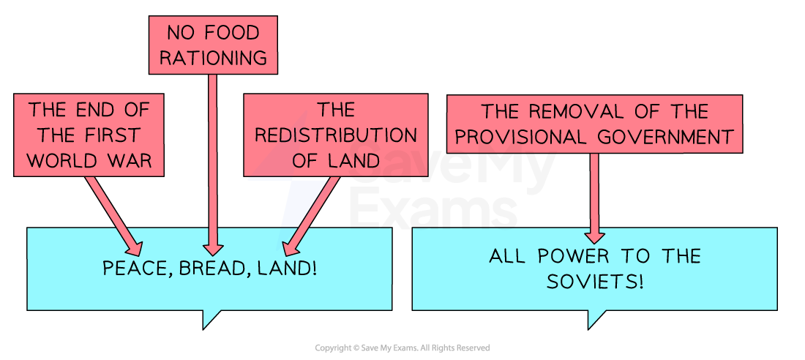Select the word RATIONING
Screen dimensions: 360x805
pos(213,58)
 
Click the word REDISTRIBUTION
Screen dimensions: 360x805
pos(335,135)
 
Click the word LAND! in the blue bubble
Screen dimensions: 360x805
pos(288,269)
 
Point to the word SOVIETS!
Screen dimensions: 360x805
pos(595,282)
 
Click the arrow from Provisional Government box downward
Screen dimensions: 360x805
pos(594,198)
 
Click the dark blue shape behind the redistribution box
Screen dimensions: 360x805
pos(296,201)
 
